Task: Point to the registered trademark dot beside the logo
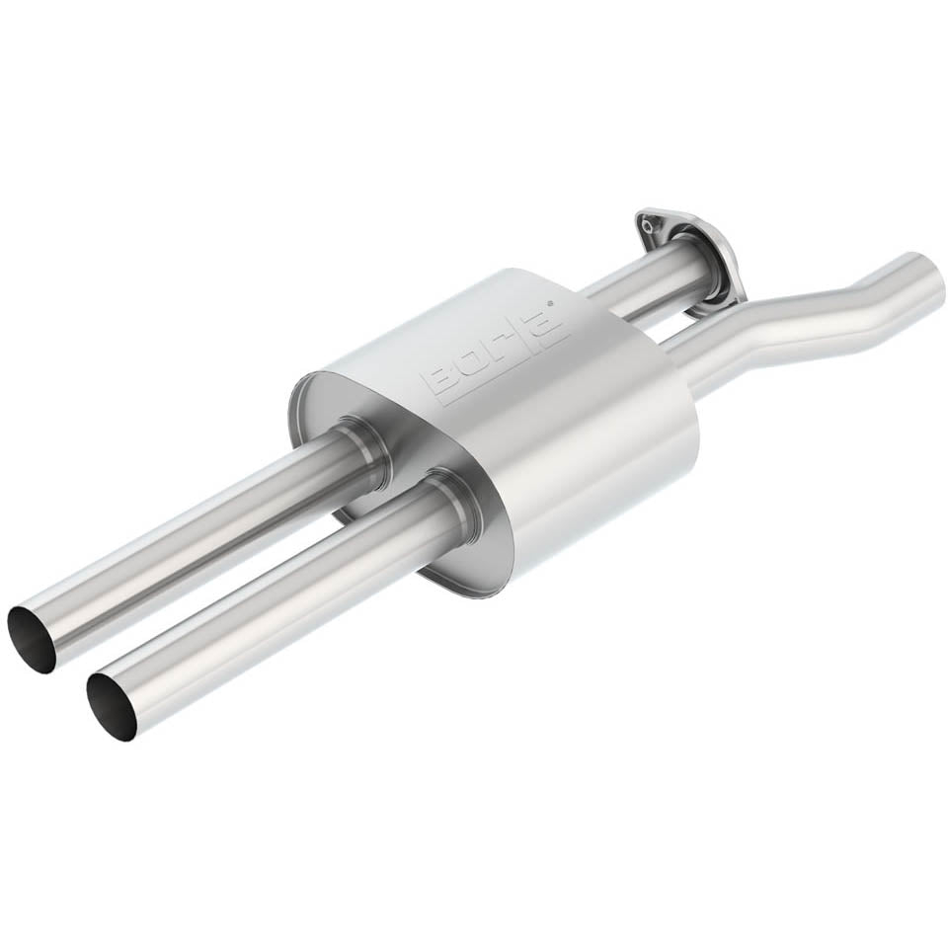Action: (x=548, y=301)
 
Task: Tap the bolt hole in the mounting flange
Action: (x=648, y=227)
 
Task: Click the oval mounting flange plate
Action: (x=689, y=261)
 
